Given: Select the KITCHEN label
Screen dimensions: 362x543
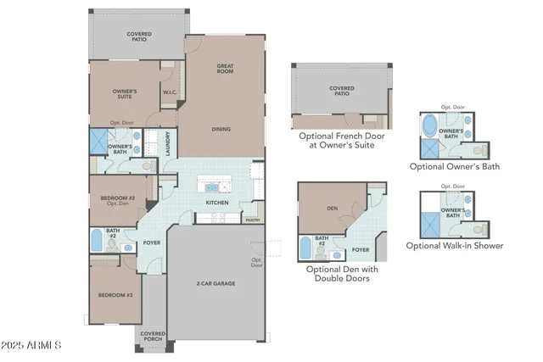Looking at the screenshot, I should click(x=217, y=203).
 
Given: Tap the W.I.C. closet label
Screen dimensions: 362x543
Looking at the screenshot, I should click(x=169, y=92).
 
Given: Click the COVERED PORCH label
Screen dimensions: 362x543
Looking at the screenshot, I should click(x=153, y=337).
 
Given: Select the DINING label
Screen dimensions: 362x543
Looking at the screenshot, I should click(x=222, y=129).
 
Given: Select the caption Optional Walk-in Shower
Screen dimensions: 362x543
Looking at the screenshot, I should click(x=455, y=246).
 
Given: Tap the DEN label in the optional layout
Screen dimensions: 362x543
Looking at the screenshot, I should click(x=333, y=205).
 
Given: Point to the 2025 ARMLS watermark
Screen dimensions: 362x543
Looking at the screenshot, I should click(x=32, y=345).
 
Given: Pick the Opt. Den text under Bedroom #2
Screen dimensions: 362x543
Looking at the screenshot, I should click(x=117, y=204).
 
